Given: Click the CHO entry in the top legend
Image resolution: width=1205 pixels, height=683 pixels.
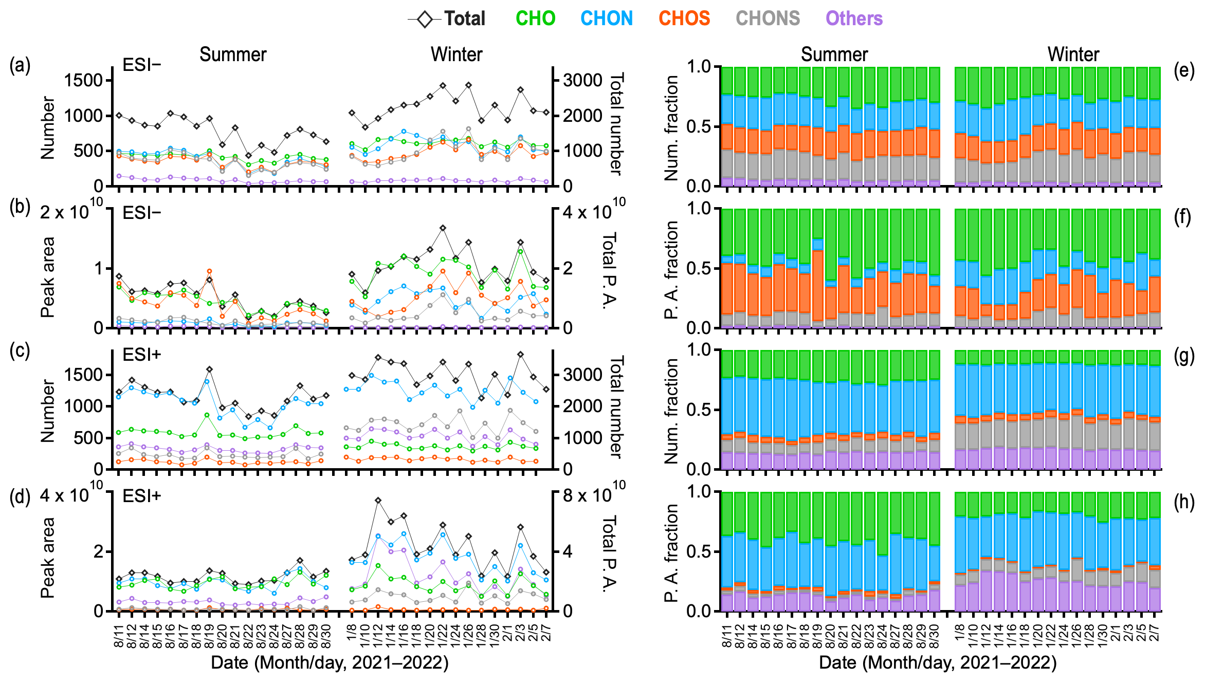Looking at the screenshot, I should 535,19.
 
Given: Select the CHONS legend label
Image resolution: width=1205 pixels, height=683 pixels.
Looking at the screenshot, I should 768,19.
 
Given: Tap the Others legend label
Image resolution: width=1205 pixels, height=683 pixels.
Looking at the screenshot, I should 854,19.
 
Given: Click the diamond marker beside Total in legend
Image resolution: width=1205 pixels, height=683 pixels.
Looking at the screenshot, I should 425,20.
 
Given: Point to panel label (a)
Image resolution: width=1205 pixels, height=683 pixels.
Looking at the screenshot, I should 20,65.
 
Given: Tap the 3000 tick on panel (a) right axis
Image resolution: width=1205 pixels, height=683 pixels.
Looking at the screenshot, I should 582,80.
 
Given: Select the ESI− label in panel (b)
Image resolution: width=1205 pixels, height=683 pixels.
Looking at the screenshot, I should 141,213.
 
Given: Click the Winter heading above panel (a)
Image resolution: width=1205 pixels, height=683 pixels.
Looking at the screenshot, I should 457,54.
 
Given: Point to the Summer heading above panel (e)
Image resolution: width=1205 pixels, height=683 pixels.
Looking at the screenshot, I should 834,54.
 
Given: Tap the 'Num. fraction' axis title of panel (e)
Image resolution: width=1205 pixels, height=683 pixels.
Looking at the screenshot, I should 671,128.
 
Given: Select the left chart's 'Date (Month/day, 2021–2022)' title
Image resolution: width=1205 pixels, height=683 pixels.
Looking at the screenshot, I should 330,662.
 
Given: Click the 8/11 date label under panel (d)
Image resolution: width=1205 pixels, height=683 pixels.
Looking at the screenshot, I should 119,635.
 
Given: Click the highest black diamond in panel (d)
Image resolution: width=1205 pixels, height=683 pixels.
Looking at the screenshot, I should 378,500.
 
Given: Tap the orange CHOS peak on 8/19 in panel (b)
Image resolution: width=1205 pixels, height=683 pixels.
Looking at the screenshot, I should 209,271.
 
